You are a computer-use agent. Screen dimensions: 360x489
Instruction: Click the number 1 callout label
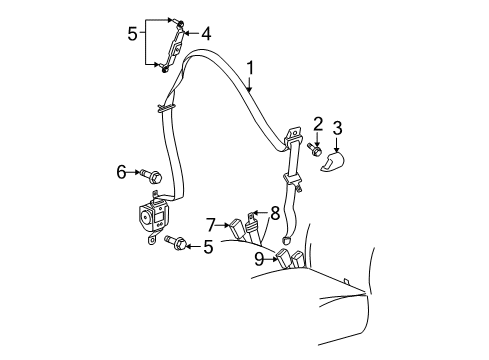coord(250,70)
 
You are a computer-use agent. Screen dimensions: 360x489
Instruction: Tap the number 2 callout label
coord(317,123)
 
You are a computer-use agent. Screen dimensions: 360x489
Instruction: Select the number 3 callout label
coord(337,127)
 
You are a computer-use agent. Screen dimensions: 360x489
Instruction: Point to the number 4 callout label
coord(206,33)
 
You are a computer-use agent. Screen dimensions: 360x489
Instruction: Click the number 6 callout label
coord(121,173)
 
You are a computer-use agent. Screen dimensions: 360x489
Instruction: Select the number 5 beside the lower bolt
coord(208,246)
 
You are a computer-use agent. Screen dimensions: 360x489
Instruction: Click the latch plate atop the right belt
coord(293,135)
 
